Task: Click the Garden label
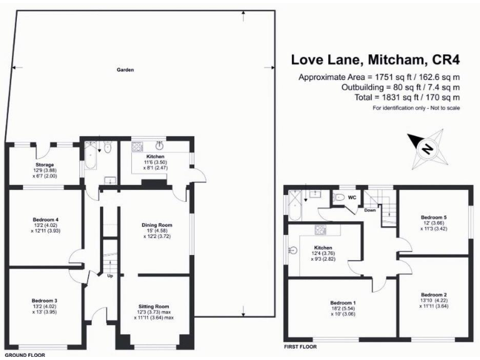tap(125, 70)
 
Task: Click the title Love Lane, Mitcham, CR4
tap(375, 60)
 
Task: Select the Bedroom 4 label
tap(45, 219)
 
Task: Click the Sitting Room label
tap(154, 306)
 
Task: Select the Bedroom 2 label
tap(434, 294)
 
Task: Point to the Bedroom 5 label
tap(434, 217)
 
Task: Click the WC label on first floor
tap(352, 197)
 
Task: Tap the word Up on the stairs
tap(111, 275)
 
